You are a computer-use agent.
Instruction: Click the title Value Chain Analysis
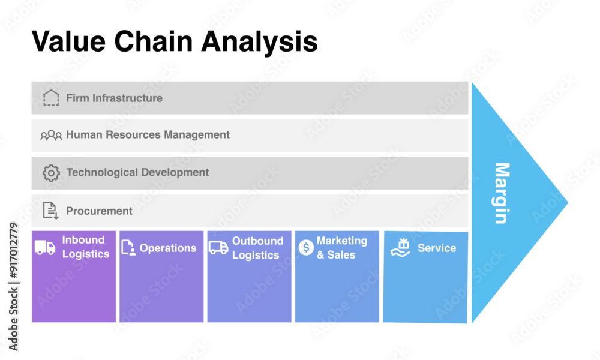coord(174,42)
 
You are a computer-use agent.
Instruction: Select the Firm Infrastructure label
coord(114,98)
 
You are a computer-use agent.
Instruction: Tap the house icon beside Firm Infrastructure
coord(52,98)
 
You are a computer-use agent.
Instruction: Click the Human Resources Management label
coord(148,135)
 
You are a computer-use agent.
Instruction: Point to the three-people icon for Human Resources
coord(51,136)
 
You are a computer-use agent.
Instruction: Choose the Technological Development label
coord(137,172)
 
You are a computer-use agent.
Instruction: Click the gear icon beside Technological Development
coord(51,173)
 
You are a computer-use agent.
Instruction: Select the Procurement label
coord(99,211)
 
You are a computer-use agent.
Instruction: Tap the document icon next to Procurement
coord(51,210)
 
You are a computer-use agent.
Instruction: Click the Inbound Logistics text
coord(85,247)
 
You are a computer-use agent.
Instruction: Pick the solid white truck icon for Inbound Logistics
coord(45,247)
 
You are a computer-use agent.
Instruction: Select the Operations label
coord(168,248)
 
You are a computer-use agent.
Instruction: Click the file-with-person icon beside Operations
coord(128,247)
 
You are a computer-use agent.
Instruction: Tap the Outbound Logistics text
coord(257,248)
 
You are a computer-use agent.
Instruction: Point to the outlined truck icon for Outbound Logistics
coord(218,247)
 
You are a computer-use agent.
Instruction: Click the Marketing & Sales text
coord(341,247)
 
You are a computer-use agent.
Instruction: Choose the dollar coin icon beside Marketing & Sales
coord(306,247)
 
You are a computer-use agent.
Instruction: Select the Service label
coord(437,248)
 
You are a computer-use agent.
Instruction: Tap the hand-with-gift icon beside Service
coord(400,247)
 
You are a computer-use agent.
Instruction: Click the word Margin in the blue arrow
coord(501,193)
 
